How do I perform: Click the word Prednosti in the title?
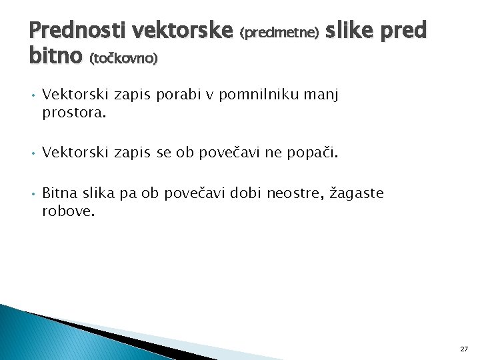click(x=78, y=30)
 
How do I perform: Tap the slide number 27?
click(x=464, y=349)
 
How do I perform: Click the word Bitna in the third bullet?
click(x=59, y=193)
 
